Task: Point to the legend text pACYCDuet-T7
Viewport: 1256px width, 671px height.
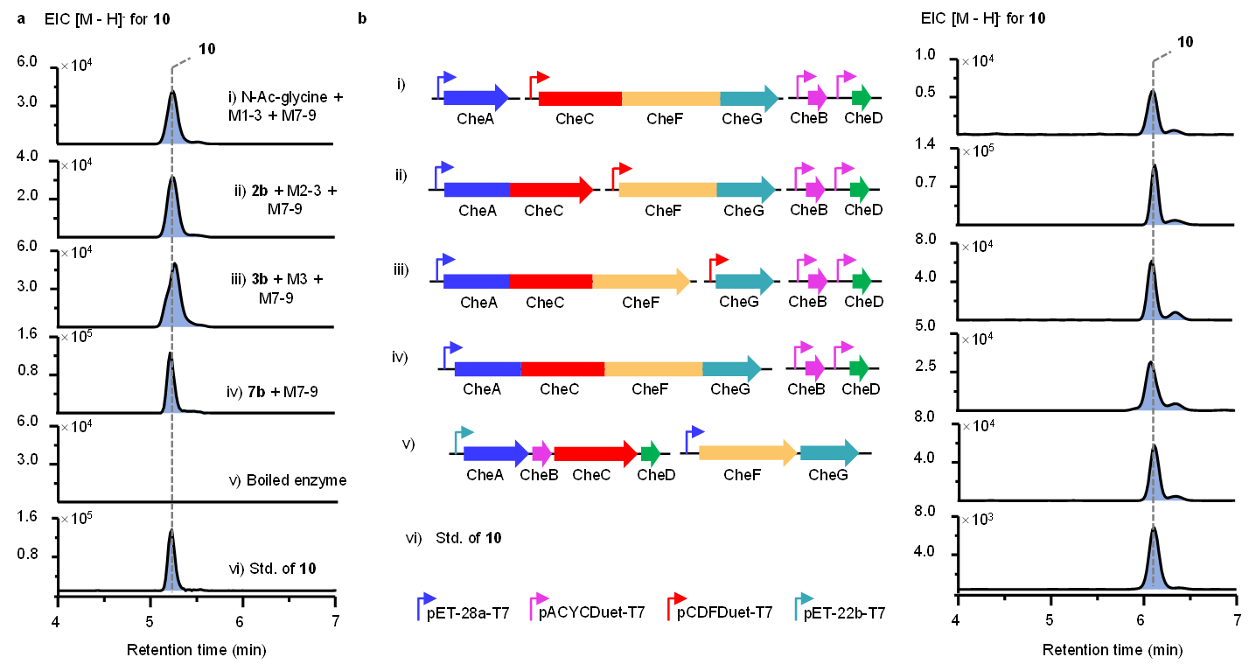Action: pos(592,613)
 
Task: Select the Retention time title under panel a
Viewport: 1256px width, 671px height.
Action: pos(196,650)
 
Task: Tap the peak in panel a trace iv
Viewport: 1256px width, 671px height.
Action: pos(170,354)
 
